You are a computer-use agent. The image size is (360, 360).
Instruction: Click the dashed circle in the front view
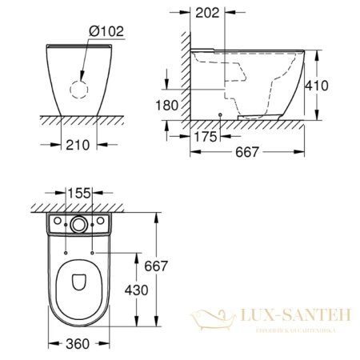(x=78, y=90)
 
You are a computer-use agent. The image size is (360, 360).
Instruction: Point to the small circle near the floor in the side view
(x=219, y=115)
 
